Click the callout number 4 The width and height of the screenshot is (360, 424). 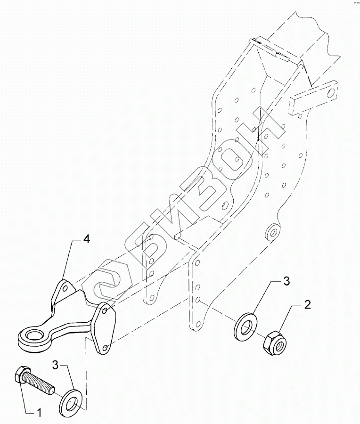click(86, 239)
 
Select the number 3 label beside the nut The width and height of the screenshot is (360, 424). click(286, 282)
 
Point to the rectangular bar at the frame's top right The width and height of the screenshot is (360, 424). click(314, 98)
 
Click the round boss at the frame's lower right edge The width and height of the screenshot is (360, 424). click(271, 231)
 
